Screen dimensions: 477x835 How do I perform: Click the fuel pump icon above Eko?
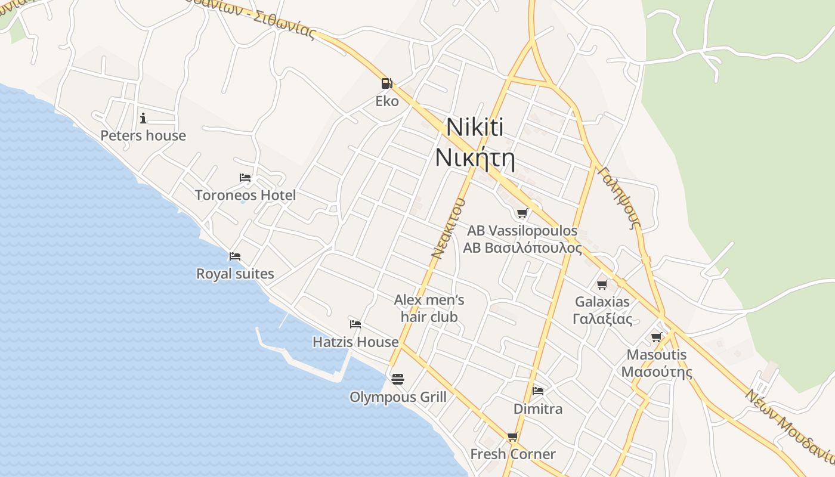tap(386, 83)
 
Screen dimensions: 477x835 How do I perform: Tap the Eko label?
tap(386, 101)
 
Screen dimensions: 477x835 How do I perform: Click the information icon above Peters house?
tap(143, 118)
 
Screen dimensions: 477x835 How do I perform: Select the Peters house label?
tap(143, 136)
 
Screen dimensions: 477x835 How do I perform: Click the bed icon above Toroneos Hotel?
tap(245, 178)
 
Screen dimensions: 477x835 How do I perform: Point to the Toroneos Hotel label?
tap(245, 195)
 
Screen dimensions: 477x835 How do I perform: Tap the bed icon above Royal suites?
tap(235, 256)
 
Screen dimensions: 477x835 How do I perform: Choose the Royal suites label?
tap(235, 274)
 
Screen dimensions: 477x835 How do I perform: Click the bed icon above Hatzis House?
tap(355, 324)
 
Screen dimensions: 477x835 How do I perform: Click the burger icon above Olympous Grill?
tap(398, 379)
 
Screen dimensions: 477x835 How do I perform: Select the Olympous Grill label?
tap(398, 397)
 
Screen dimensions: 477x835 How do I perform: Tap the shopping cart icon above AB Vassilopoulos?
tap(522, 213)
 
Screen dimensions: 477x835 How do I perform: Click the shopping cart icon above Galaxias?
tap(602, 284)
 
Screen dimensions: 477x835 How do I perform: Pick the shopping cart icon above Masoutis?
tap(657, 337)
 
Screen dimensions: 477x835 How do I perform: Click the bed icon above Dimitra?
tap(538, 391)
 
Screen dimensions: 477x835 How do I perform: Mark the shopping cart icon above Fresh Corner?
tap(512, 436)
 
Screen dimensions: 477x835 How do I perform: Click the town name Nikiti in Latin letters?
tap(475, 128)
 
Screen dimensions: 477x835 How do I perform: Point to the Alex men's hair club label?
tap(429, 308)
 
